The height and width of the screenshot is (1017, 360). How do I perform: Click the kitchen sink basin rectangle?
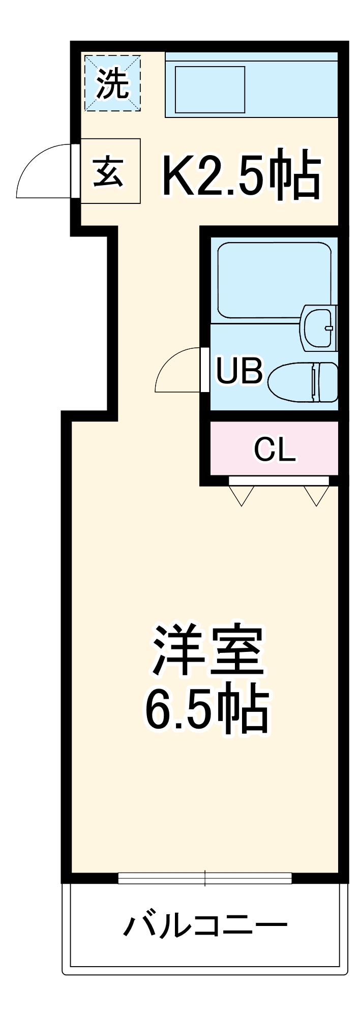coord(210,89)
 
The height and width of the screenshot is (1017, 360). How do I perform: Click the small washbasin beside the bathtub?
coord(318,328)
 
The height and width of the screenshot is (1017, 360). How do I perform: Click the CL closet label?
coord(275,450)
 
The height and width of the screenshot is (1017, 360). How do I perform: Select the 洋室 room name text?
coord(207,651)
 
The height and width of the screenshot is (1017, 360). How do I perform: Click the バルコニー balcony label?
coord(205,925)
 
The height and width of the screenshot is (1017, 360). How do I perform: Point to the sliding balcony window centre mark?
coord(205,878)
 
